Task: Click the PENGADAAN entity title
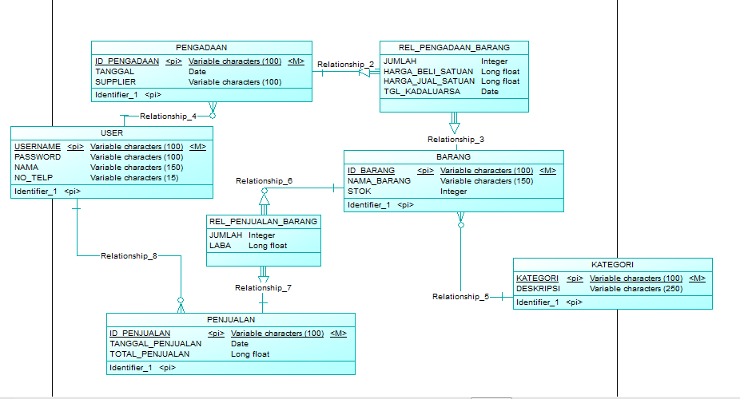[x=201, y=48]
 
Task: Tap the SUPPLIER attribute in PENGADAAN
[x=115, y=81]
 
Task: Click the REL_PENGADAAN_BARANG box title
[x=454, y=47]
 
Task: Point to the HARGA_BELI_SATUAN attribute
[x=428, y=71]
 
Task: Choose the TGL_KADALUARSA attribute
[x=421, y=91]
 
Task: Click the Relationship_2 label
[x=345, y=64]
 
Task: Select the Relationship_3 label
[x=456, y=139]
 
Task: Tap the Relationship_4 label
[x=168, y=116]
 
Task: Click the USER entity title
[x=112, y=132]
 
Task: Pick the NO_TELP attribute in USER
[x=33, y=177]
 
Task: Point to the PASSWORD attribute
[x=37, y=157]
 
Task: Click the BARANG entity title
[x=453, y=157]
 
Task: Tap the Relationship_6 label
[x=264, y=181]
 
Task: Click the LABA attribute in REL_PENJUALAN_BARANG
[x=220, y=246]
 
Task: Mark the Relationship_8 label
[x=129, y=256]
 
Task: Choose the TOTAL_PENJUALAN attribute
[x=149, y=354]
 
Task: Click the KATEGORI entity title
[x=612, y=264]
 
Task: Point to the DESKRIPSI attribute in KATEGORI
[x=538, y=288]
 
